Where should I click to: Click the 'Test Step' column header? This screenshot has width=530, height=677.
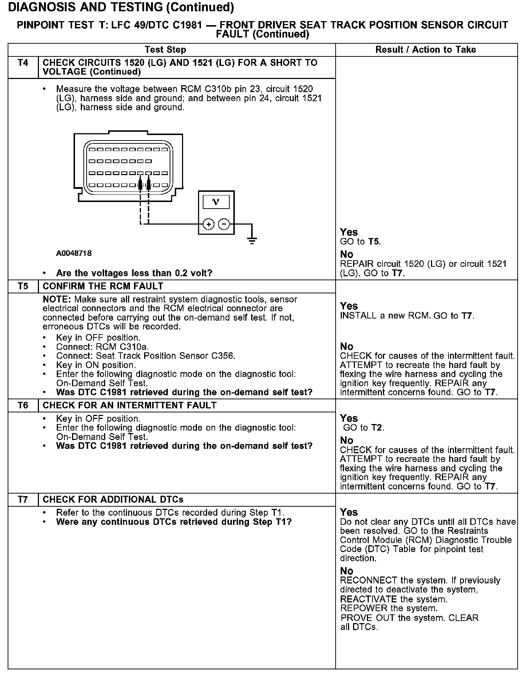[165, 50]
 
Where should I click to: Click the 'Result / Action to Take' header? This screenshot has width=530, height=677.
[426, 50]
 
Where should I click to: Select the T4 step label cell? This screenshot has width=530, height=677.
[23, 63]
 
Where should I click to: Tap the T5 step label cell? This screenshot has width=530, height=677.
[23, 286]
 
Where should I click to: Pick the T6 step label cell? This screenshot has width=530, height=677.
[23, 405]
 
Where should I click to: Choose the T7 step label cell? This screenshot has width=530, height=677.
[23, 500]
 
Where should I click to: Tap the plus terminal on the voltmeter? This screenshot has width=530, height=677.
[209, 225]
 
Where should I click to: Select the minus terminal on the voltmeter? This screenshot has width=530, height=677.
[224, 225]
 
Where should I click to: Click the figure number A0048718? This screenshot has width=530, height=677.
[74, 253]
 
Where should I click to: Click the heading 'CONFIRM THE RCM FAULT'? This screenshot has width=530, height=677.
[103, 286]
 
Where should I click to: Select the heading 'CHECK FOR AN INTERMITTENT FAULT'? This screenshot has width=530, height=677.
[130, 405]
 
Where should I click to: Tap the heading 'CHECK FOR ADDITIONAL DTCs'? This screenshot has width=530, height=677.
[113, 500]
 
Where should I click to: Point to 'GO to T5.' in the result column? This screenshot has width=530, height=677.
[360, 242]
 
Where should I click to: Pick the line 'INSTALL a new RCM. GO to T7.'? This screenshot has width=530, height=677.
[407, 316]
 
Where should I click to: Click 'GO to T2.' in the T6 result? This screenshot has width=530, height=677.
[364, 428]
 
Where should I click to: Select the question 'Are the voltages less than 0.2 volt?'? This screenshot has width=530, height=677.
[134, 273]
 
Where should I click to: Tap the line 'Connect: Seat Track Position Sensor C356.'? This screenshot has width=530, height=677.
[146, 356]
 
